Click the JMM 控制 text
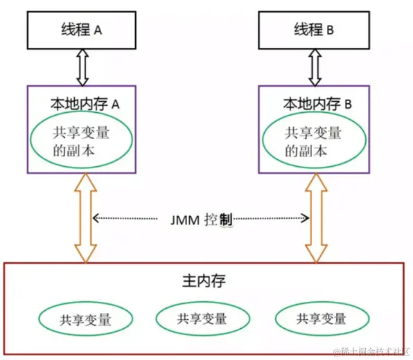(202, 219)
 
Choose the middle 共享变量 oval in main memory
(202, 318)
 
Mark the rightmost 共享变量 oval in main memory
(321, 318)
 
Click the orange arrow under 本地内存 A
(87, 218)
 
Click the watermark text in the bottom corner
(371, 352)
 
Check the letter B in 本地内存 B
(349, 104)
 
